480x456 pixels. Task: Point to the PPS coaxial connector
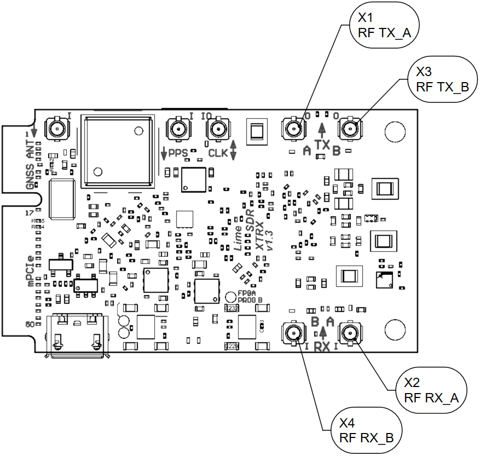click(x=177, y=130)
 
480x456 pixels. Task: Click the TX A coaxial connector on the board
click(x=293, y=130)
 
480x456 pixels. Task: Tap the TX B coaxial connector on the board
click(x=350, y=130)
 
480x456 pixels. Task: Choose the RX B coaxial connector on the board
click(x=293, y=332)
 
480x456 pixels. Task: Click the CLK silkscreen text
click(x=218, y=153)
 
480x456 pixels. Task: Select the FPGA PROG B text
click(x=250, y=297)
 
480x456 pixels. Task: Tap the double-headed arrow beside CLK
click(x=234, y=150)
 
